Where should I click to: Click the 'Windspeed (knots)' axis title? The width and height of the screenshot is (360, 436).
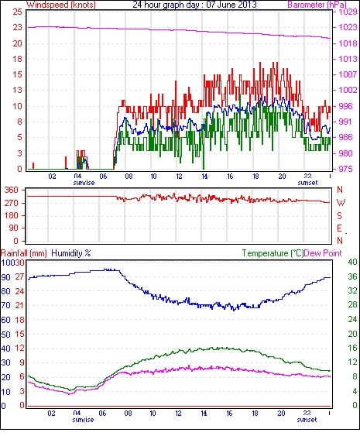[61, 5]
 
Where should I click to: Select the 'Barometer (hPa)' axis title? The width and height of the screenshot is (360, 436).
[317, 5]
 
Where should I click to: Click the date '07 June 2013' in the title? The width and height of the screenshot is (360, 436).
[231, 5]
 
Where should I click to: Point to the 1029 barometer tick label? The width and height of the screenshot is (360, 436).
[348, 12]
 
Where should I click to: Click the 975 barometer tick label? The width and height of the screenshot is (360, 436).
[345, 169]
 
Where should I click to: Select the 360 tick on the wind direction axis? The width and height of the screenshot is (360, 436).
[12, 191]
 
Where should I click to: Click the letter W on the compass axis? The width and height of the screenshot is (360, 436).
[341, 203]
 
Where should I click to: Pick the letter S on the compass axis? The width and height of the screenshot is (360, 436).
[339, 215]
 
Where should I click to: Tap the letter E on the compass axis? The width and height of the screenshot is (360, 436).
[339, 228]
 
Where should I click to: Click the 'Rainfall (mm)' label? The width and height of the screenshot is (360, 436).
[23, 253]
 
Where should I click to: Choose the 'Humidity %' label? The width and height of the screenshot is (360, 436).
[71, 253]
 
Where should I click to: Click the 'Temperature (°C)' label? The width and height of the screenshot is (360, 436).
[273, 253]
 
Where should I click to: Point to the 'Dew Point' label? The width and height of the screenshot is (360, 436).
[323, 253]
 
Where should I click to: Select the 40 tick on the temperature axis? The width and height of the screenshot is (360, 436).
[352, 262]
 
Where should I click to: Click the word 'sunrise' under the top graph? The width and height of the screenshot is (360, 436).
[84, 183]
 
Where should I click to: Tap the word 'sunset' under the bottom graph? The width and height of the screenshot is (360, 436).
[307, 419]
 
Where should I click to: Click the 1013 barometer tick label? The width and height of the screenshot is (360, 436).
[348, 59]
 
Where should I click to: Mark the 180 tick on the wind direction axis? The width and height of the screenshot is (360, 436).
[12, 215]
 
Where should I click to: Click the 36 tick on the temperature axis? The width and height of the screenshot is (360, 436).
[352, 276]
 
